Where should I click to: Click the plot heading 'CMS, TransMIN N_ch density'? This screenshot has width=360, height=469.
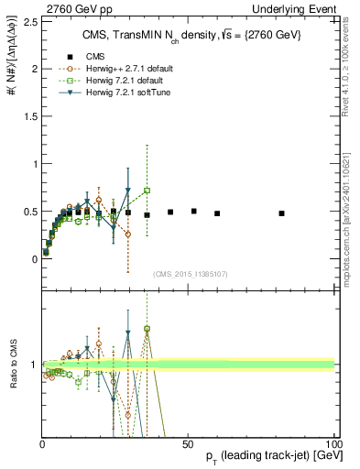click(174, 36)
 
